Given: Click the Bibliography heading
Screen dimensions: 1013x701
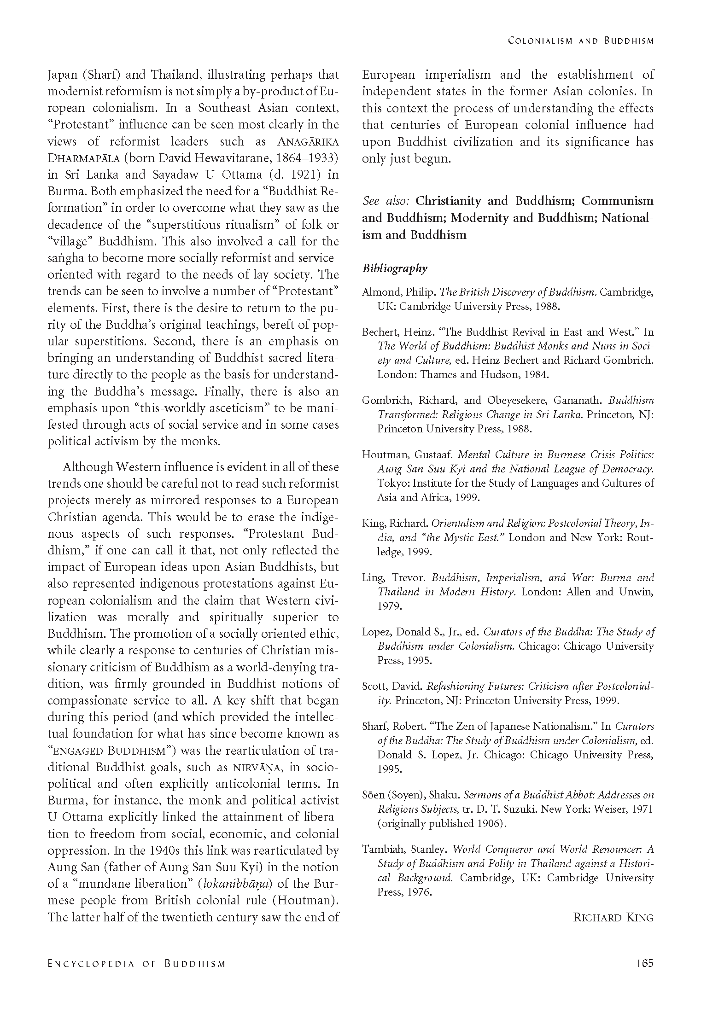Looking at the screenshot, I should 395,268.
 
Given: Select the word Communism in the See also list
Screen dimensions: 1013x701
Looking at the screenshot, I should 617,201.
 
